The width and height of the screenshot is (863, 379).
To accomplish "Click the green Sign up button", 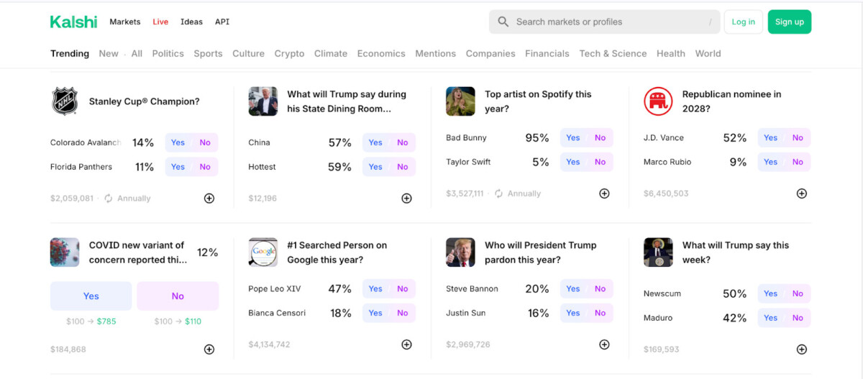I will coord(789,22).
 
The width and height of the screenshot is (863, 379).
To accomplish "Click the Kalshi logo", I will coord(73,22).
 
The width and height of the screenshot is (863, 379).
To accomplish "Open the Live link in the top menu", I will coord(160,22).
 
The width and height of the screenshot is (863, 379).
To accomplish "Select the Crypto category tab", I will coord(289,53).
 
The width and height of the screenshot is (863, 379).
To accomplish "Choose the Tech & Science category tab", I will coord(613,53).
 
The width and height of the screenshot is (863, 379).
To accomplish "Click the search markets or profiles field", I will coord(604,22).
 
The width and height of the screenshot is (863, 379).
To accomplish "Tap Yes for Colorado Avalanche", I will coord(178,142).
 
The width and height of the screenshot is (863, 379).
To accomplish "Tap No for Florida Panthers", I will coord(205,167).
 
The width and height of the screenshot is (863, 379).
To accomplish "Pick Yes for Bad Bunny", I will coord(573,137).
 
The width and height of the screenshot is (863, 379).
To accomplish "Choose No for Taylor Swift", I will coord(600,162).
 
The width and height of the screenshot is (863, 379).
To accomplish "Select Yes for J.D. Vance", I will coord(771,137).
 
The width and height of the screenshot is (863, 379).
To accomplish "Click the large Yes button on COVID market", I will coord(91,296).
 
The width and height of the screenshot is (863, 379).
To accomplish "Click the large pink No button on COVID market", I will coord(178,296).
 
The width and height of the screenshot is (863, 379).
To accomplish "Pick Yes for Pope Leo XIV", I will coord(375,288).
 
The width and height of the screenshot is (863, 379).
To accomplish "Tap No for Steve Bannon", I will coord(600,288).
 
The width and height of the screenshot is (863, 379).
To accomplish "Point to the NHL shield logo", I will coord(65,101).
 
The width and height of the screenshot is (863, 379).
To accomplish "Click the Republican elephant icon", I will coord(658,101).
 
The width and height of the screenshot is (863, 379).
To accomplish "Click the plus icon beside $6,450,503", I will coord(802,193).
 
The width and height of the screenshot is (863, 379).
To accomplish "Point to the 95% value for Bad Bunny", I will coord(537,137).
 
